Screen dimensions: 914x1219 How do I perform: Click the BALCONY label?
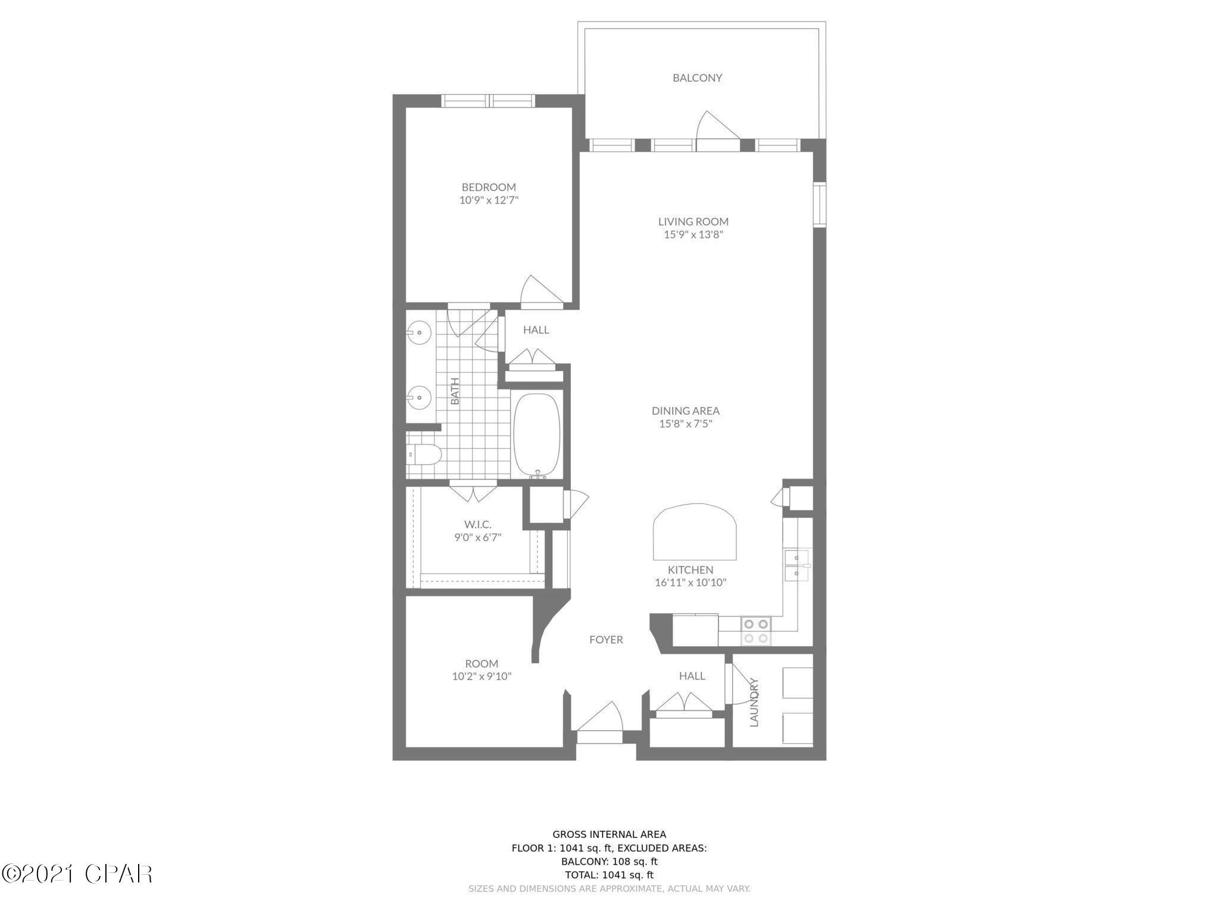pyautogui.click(x=697, y=78)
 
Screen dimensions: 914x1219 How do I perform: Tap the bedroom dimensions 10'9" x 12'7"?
pyautogui.click(x=489, y=201)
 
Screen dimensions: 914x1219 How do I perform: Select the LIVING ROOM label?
pyautogui.click(x=693, y=221)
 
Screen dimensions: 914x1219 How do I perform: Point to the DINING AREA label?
pyautogui.click(x=685, y=411)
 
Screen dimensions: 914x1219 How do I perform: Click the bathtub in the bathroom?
pyautogui.click(x=536, y=433)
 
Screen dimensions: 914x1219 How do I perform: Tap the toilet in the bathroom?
pyautogui.click(x=424, y=455)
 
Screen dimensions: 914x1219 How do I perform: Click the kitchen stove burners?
pyautogui.click(x=755, y=631)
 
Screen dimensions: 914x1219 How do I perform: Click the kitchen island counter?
pyautogui.click(x=695, y=532)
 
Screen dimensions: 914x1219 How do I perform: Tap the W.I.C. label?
pyautogui.click(x=477, y=524)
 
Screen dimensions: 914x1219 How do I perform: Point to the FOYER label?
pyautogui.click(x=606, y=640)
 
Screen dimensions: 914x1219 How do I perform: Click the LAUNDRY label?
pyautogui.click(x=755, y=702)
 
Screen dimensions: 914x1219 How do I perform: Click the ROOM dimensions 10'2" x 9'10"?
pyautogui.click(x=482, y=676)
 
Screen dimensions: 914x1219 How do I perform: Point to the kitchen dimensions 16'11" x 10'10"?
pyautogui.click(x=690, y=583)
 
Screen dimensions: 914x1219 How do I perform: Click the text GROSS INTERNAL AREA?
pyautogui.click(x=609, y=834)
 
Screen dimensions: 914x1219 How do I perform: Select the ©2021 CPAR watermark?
pyautogui.click(x=77, y=874)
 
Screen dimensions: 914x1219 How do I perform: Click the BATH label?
pyautogui.click(x=455, y=391)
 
